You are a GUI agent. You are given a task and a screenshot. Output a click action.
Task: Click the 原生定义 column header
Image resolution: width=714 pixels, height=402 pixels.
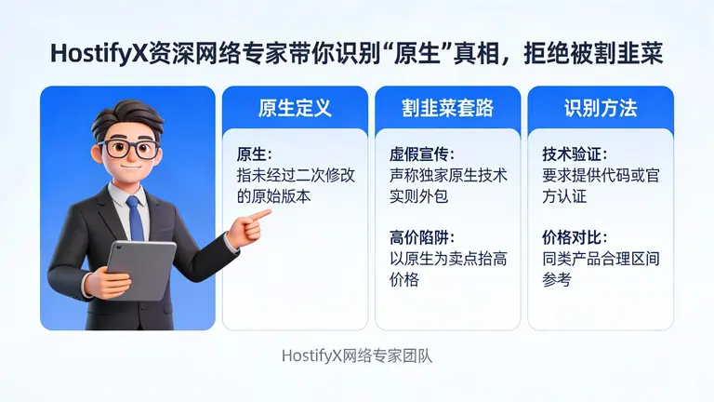point(295,108)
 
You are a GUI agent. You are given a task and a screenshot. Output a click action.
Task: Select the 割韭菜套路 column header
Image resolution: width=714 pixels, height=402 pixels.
point(447,108)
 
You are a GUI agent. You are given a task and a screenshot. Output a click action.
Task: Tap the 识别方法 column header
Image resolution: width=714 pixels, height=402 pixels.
point(600,108)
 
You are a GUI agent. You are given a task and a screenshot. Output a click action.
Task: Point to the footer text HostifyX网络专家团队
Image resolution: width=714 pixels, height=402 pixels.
point(357,355)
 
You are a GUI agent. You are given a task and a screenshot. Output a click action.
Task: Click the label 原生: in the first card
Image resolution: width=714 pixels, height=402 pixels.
point(256,154)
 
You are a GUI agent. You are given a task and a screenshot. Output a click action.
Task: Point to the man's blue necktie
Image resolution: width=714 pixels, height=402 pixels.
point(137,218)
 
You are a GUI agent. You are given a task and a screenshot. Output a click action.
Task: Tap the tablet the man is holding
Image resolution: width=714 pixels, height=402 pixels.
point(140,270)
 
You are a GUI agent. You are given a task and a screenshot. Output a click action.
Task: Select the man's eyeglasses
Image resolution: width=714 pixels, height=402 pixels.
point(130,149)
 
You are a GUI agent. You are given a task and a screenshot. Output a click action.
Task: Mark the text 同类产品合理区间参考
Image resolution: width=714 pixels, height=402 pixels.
point(601,268)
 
